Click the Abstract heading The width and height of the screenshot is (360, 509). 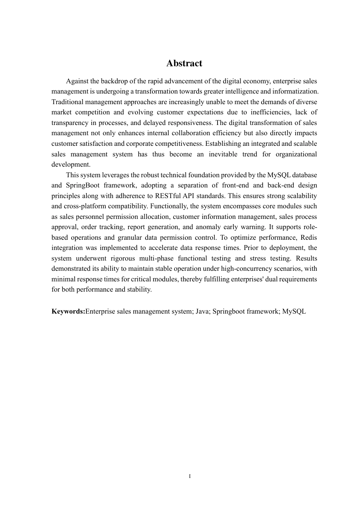pyautogui.click(x=184, y=63)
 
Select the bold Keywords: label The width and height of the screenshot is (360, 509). pyautogui.click(x=68, y=312)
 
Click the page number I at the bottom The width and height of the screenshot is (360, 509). pyautogui.click(x=189, y=476)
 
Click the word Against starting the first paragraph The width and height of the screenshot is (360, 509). pyautogui.click(x=78, y=81)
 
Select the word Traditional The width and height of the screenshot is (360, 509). pyautogui.click(x=67, y=102)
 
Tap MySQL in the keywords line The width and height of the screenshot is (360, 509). pyautogui.click(x=294, y=312)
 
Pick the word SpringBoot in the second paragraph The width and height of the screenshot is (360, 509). pyautogui.click(x=81, y=185)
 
